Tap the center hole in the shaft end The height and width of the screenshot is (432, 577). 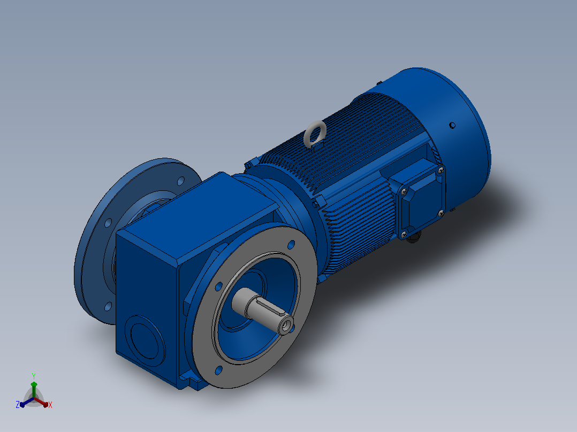pyautogui.click(x=286, y=325)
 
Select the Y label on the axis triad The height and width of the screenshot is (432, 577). pyautogui.click(x=34, y=376)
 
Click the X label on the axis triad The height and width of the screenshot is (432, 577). pyautogui.click(x=50, y=405)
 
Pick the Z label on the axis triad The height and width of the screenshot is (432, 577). pyautogui.click(x=18, y=404)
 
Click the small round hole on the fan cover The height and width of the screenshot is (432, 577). pyautogui.click(x=452, y=125)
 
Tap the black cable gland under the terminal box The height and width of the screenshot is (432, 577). pyautogui.click(x=414, y=237)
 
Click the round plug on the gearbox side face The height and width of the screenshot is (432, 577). pyautogui.click(x=145, y=341)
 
